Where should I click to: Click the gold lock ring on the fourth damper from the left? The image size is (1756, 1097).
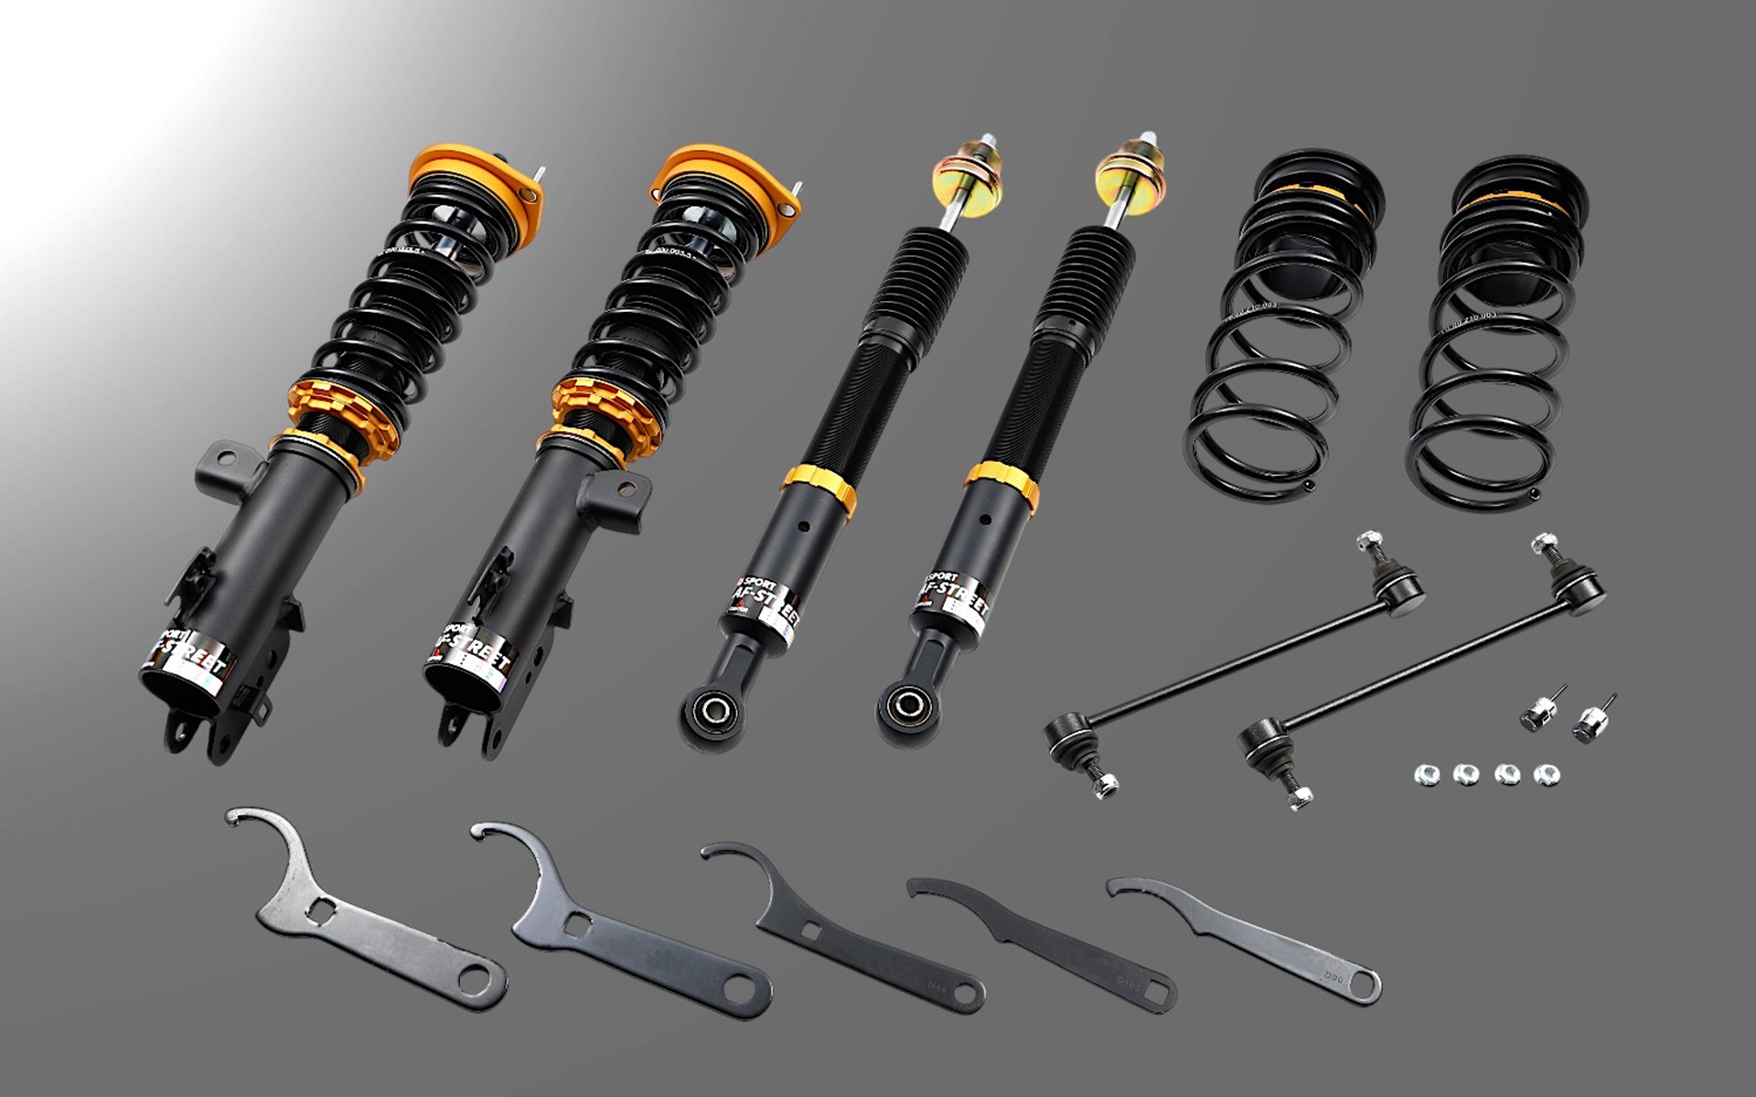pos(1002,486)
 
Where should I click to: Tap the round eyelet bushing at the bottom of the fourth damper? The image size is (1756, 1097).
pos(907,704)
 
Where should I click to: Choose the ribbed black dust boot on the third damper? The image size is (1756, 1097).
pos(909,279)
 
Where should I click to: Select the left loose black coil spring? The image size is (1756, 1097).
pos(1280,329)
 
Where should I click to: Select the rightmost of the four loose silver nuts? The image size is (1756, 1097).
pos(1546,775)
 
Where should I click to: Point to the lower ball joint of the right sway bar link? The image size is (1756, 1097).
pos(1260,736)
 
